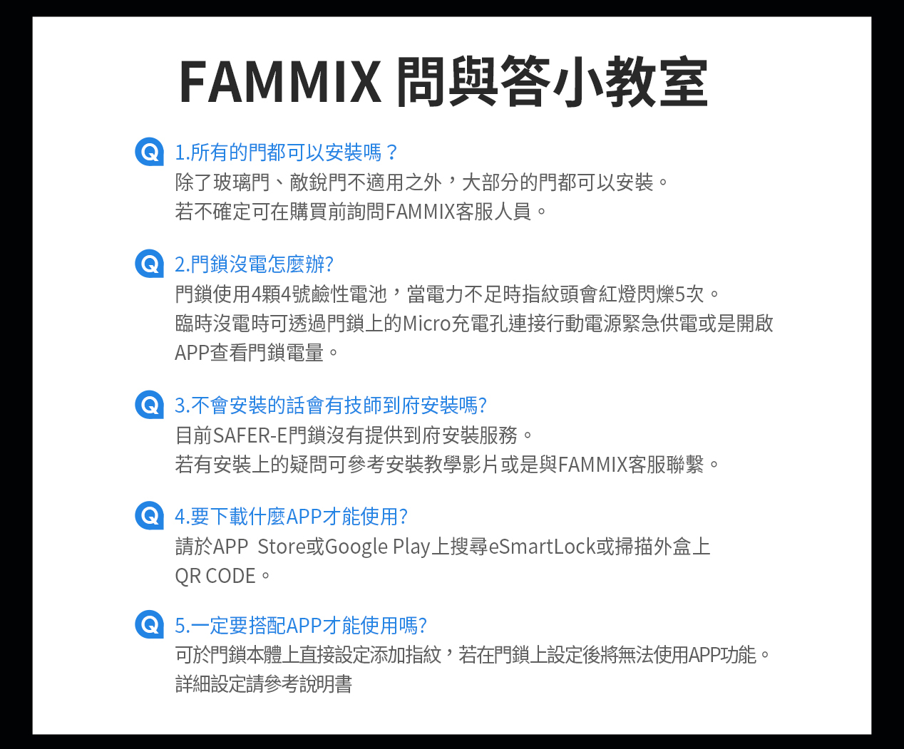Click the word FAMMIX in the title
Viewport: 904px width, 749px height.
[x=280, y=82]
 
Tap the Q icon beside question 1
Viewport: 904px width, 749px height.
[x=149, y=152]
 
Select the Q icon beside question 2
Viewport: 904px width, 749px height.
[x=149, y=264]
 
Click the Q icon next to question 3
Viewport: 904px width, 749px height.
[x=149, y=405]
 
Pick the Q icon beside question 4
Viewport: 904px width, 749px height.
[x=149, y=515]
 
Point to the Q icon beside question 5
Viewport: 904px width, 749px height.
[x=149, y=624]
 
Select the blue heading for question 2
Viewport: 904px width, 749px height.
[x=254, y=264]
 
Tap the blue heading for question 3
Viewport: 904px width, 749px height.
[x=331, y=406]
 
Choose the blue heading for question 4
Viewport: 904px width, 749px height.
[x=291, y=516]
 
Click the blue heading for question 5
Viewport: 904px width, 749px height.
[x=300, y=626]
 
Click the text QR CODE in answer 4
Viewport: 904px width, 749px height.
[x=215, y=576]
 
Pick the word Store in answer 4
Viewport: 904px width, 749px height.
[x=281, y=547]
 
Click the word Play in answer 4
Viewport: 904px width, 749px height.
[x=411, y=547]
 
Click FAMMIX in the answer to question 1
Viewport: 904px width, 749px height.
[x=420, y=212]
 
